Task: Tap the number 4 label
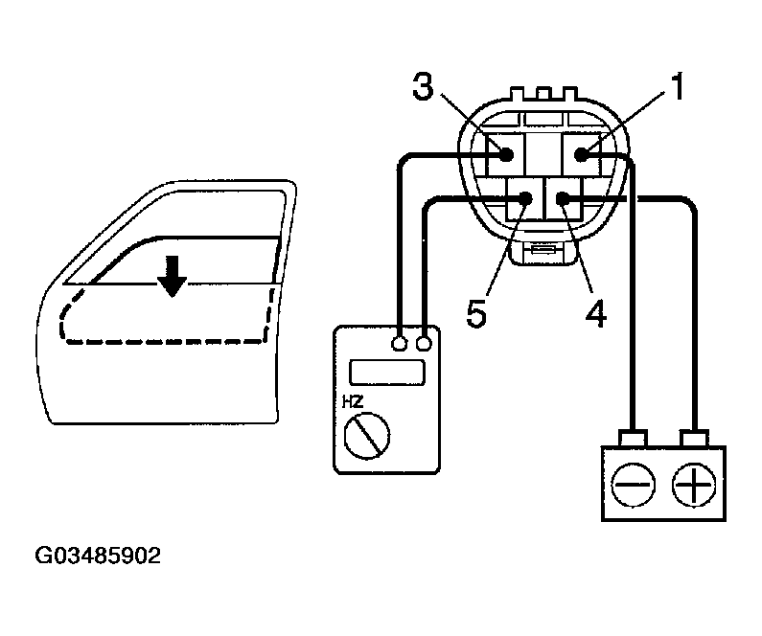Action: click(596, 313)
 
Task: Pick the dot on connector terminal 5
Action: click(526, 199)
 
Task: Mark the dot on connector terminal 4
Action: click(562, 199)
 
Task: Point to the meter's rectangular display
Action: click(387, 372)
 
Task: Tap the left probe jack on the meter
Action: click(400, 341)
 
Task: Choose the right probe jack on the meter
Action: click(424, 341)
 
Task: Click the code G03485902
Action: click(98, 556)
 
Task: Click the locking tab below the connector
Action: click(542, 251)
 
